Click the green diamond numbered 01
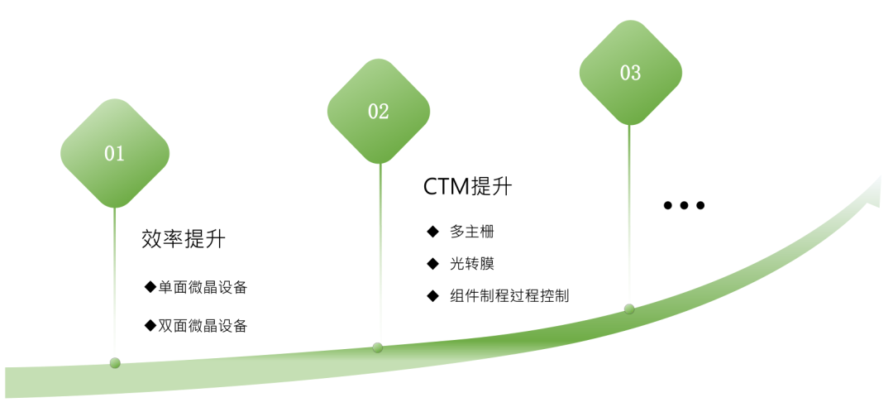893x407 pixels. coord(114,153)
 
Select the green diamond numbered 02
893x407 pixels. coord(379,112)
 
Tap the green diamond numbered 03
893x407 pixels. coord(630,73)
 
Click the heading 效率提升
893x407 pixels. coord(184,240)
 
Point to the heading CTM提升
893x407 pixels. coord(467,187)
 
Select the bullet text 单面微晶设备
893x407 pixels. coord(203,288)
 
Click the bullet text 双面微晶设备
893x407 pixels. coord(203,325)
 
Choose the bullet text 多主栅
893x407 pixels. coord(472,232)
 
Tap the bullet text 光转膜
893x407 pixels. coord(472,264)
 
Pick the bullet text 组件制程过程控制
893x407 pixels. coord(509,295)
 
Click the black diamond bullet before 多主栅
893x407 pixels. coord(432,232)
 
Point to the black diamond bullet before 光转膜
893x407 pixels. coord(432,264)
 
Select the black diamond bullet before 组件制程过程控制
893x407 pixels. coord(432,295)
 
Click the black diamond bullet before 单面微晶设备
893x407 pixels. coord(150,287)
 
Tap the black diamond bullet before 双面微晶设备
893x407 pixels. coord(150,325)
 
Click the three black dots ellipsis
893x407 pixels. coord(684,205)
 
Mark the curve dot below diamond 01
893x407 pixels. coord(115,363)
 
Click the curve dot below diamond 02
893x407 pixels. coord(378,347)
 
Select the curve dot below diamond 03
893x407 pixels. coord(629,309)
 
